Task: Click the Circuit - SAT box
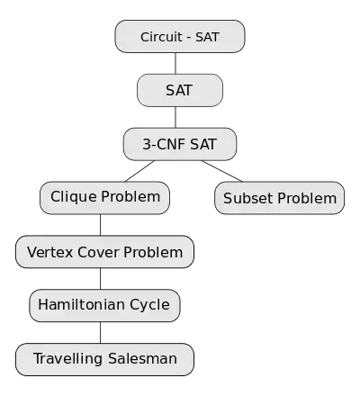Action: [180, 37]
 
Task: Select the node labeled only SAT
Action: [180, 90]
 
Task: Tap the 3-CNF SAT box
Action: [180, 144]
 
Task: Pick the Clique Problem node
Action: [104, 198]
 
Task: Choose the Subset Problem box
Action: [280, 198]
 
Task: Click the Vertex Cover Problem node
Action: [104, 252]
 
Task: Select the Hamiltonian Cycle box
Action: [104, 305]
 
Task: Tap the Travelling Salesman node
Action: [104, 359]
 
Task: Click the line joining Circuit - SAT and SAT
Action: [175, 64]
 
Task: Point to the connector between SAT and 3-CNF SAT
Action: [175, 117]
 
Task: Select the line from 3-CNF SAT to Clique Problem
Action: [139, 171]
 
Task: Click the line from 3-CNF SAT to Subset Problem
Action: [222, 171]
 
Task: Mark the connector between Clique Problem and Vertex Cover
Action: [100, 225]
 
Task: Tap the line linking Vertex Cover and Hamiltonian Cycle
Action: [100, 279]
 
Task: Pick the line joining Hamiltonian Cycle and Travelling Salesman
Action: [100, 332]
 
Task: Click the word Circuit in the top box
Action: [161, 37]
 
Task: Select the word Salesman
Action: [142, 358]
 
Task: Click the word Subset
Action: [248, 198]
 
